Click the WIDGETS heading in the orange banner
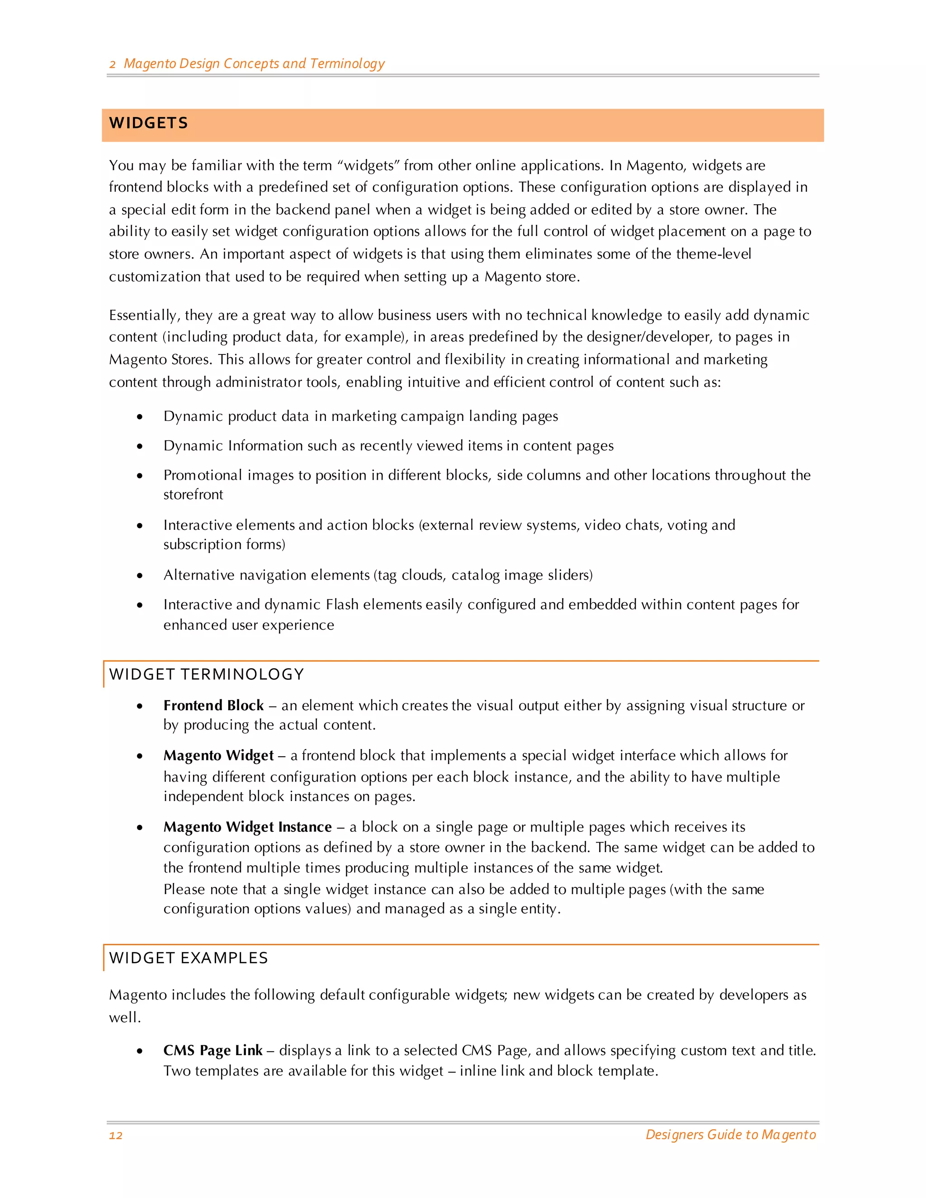[148, 123]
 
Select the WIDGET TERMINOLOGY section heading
[206, 674]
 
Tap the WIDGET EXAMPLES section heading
[188, 958]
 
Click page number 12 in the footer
[116, 1135]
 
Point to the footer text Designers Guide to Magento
[730, 1134]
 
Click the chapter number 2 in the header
[113, 64]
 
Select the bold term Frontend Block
[213, 705]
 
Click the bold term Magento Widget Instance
[247, 827]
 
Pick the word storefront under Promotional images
[193, 495]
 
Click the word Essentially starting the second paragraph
[144, 316]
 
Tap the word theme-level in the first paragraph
[713, 254]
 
